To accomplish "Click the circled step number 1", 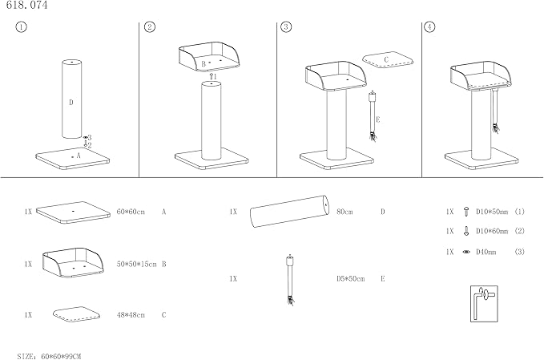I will pyautogui.click(x=21, y=27).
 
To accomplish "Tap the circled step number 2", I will pyautogui.click(x=150, y=27).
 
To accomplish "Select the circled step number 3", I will pyautogui.click(x=286, y=27).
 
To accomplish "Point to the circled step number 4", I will pyautogui.click(x=430, y=27).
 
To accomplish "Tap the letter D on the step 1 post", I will pyautogui.click(x=71, y=102).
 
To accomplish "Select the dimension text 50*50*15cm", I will pyautogui.click(x=137, y=264).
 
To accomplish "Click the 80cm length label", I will pyautogui.click(x=345, y=212).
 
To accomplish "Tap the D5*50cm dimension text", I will pyautogui.click(x=350, y=279).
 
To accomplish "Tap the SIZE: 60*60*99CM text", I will pyautogui.click(x=50, y=354).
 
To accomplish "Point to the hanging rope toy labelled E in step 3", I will pyautogui.click(x=373, y=116).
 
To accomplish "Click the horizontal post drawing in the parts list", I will pyautogui.click(x=288, y=212).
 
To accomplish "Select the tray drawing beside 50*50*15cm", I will pyautogui.click(x=74, y=262).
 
